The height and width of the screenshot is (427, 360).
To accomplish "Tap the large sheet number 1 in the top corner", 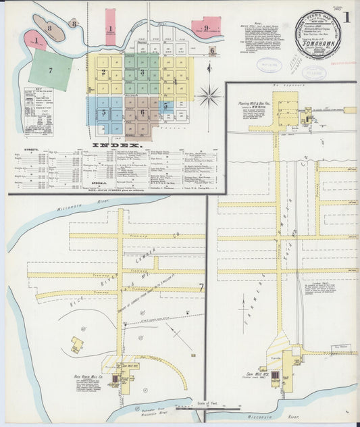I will tap(346, 16).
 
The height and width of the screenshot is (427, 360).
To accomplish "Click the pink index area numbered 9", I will tap(207, 28).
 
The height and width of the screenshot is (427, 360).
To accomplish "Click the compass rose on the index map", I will tap(209, 95).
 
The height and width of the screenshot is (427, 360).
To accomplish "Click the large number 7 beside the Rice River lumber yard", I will tap(201, 288).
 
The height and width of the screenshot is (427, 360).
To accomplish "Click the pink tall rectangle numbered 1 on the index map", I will tap(110, 28).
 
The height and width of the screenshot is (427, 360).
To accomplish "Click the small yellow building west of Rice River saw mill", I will tap(78, 345).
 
